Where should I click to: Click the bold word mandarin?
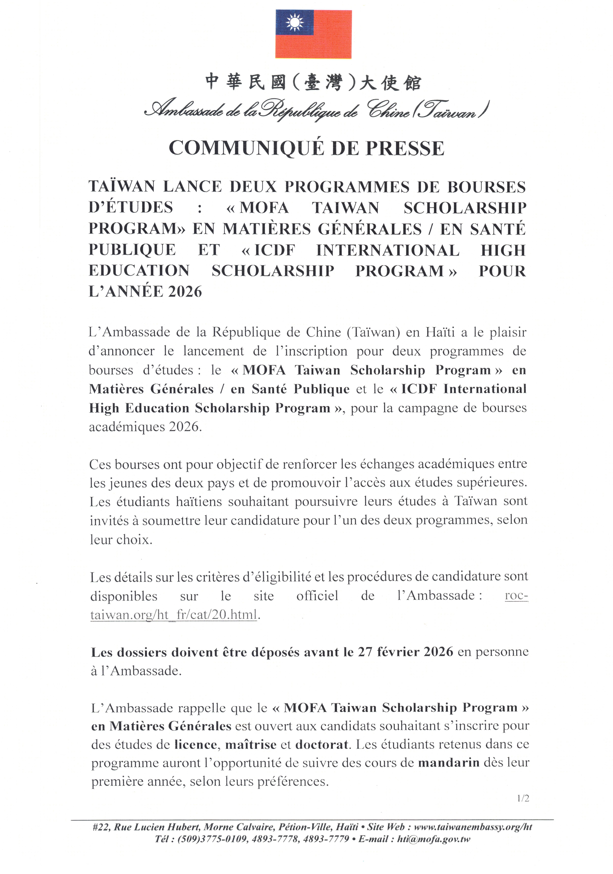(449, 763)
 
